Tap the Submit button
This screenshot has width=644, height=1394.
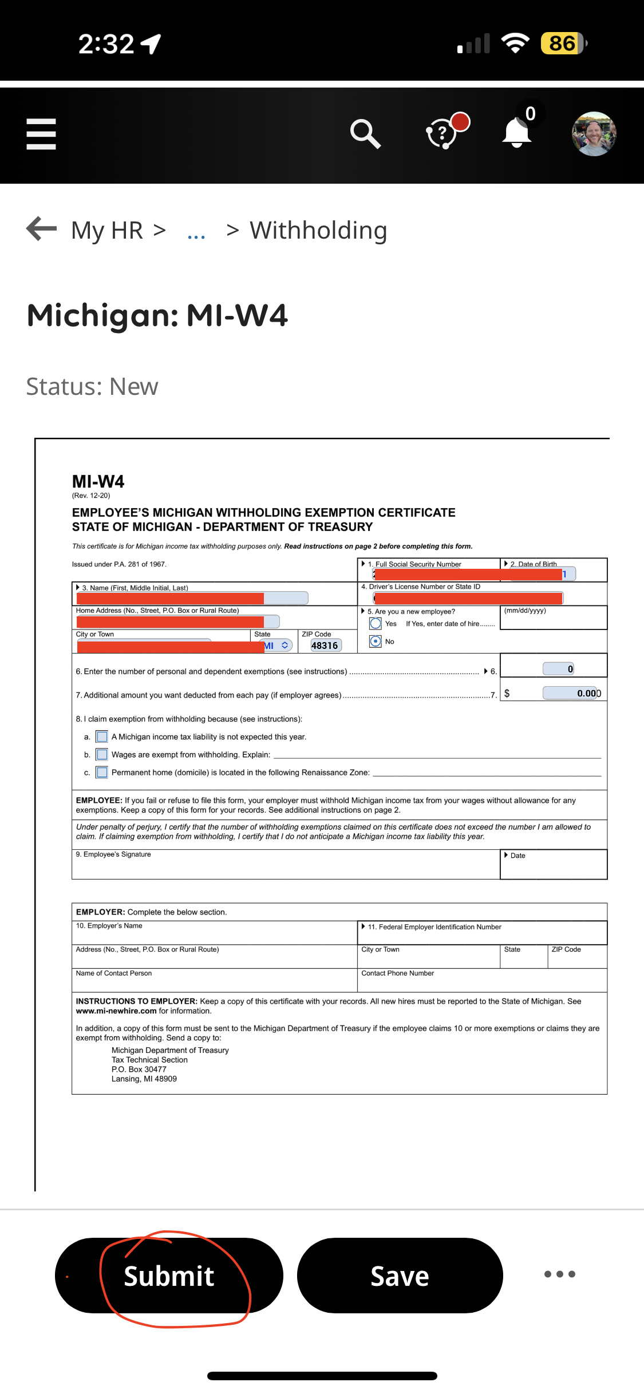click(x=169, y=1276)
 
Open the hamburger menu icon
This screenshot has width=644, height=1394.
click(x=41, y=134)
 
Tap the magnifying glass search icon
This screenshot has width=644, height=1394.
click(x=365, y=134)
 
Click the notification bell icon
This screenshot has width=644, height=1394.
click(x=517, y=133)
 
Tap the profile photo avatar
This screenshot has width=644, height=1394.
click(x=594, y=134)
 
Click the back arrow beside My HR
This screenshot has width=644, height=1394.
click(x=42, y=229)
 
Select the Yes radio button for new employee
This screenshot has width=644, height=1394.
click(x=376, y=623)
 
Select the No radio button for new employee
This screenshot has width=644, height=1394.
click(x=376, y=641)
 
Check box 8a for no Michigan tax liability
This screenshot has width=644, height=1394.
click(x=102, y=736)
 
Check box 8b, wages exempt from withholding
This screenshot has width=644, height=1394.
click(x=102, y=754)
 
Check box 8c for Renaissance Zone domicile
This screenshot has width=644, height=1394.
click(x=102, y=773)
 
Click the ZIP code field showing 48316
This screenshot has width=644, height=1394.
click(x=325, y=645)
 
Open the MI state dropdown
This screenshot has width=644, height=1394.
click(x=277, y=645)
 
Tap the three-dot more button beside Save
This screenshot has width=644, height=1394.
click(x=559, y=1274)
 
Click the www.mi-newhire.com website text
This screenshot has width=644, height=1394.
click(x=116, y=1011)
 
